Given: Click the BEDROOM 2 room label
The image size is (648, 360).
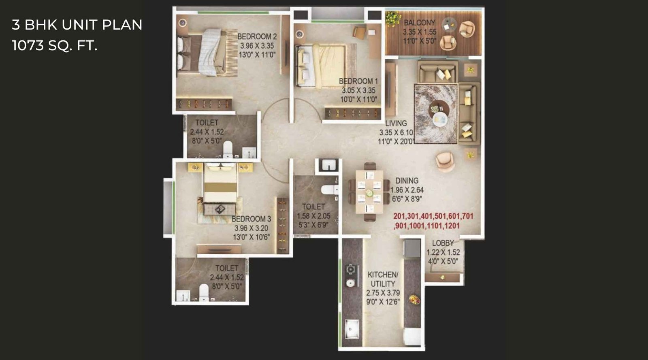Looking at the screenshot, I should pos(257,36).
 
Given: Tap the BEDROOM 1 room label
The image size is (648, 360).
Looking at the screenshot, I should pos(358,81).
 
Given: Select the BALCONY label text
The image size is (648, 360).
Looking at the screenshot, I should pos(419,23).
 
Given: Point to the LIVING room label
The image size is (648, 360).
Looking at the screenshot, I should pos(396,124).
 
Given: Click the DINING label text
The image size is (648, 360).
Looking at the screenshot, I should pos(407,181).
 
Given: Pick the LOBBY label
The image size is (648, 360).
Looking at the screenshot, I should pos(443,243).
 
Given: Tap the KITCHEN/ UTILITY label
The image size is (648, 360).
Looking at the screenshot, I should pos(383,279).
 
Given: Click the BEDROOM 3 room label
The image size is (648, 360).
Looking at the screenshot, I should pos(251,219).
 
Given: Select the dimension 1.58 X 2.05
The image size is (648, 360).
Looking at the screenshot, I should pos(313,216).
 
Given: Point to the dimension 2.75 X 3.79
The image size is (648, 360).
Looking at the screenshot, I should pos(383,293).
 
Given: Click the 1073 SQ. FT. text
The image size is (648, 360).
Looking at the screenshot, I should pos(55,46).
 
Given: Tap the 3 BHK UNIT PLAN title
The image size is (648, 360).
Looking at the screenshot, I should pos(77,25).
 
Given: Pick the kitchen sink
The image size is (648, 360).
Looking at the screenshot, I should pos(352,329).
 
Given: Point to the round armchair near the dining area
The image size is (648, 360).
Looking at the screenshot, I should pos(444,161).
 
